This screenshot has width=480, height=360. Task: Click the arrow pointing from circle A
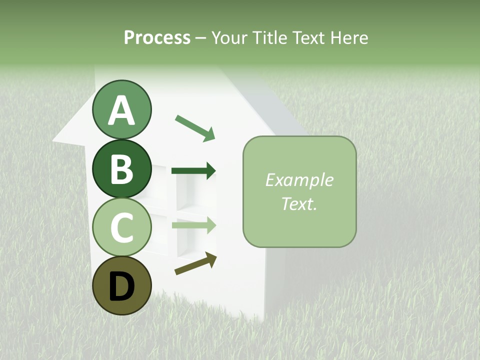195,127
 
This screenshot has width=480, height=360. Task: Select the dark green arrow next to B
193,171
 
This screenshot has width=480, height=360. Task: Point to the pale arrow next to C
193,225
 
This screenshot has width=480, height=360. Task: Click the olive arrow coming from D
195,263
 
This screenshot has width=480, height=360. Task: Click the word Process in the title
157,37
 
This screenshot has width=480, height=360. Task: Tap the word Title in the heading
269,37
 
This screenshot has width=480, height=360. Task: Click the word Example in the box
299,180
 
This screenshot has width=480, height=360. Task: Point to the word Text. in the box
299,203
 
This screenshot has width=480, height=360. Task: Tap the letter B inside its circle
121,169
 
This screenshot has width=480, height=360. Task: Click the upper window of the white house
192,187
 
